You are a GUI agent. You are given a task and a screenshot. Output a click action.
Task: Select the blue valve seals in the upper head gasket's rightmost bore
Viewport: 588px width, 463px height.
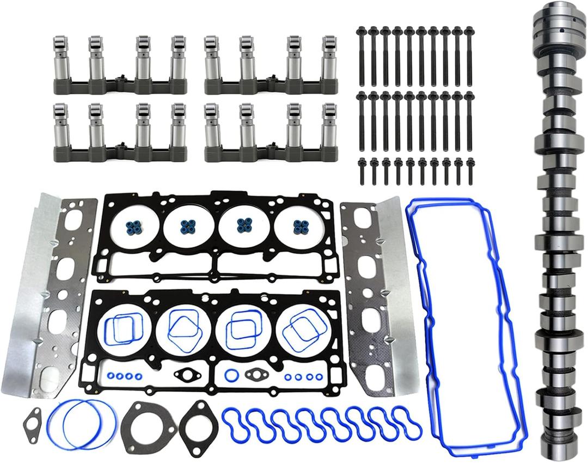(298, 227)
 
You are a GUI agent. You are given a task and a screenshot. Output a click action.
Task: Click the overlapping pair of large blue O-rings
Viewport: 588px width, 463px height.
(82, 425)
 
